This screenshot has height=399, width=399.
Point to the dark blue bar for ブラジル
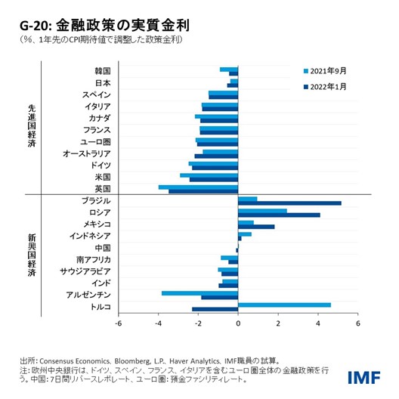coord(289,203)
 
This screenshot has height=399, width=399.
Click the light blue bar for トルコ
coord(284,305)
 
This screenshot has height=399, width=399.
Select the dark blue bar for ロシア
coord(279,215)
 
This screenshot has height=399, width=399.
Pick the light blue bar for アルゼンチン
coord(199,292)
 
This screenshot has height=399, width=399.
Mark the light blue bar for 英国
coord(198,187)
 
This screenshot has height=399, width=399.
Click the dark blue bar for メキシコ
coord(256,227)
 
